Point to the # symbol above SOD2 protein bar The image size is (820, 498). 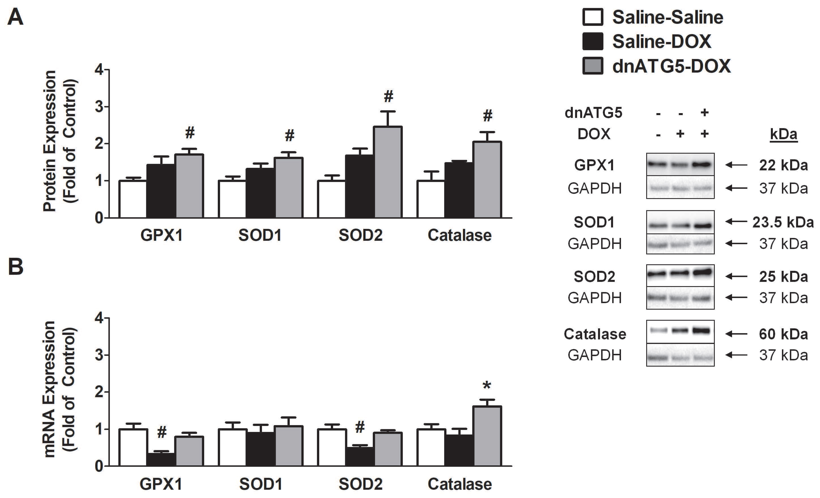[x=388, y=96]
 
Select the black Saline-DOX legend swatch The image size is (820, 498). [x=593, y=41]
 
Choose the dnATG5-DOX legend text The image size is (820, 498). [x=671, y=66]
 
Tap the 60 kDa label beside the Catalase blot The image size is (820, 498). [x=783, y=334]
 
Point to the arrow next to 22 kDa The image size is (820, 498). [x=736, y=164]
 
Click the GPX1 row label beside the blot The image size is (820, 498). [x=594, y=165]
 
